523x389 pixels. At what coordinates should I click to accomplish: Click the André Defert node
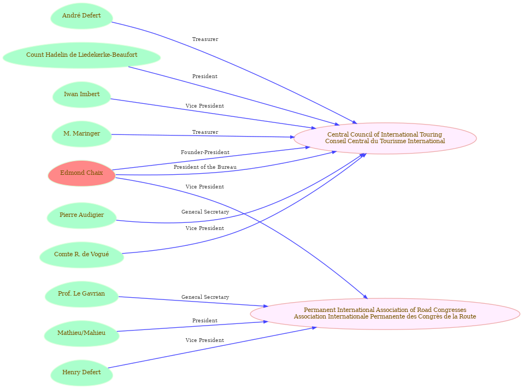pyautogui.click(x=81, y=16)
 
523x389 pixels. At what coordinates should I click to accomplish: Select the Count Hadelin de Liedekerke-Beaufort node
pyautogui.click(x=81, y=55)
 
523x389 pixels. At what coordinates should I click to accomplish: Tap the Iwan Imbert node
pyautogui.click(x=81, y=95)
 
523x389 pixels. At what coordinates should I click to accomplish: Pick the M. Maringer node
pyautogui.click(x=81, y=134)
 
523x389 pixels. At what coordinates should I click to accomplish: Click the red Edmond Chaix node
pyautogui.click(x=81, y=173)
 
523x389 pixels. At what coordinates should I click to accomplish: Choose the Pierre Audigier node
pyautogui.click(x=81, y=215)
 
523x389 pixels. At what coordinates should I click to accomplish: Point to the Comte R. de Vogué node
pyautogui.click(x=81, y=255)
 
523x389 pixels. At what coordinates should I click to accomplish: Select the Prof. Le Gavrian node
pyautogui.click(x=81, y=294)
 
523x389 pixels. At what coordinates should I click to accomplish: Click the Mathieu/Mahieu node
pyautogui.click(x=81, y=333)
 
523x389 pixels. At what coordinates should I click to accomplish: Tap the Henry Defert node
pyautogui.click(x=81, y=373)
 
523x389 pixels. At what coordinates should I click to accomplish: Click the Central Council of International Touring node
pyautogui.click(x=385, y=138)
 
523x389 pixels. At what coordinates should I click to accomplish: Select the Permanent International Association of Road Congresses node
pyautogui.click(x=385, y=314)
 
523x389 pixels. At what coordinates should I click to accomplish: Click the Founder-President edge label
pyautogui.click(x=205, y=152)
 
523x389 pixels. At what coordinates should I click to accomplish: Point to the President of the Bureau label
pyautogui.click(x=205, y=167)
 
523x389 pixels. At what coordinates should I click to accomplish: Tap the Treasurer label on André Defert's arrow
pyautogui.click(x=205, y=39)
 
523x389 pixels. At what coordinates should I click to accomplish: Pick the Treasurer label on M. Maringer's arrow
pyautogui.click(x=205, y=132)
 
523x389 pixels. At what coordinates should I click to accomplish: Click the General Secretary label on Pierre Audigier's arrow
pyautogui.click(x=205, y=212)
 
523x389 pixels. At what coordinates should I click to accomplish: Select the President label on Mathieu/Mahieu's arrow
pyautogui.click(x=205, y=321)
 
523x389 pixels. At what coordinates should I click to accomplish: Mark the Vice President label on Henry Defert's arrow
pyautogui.click(x=205, y=340)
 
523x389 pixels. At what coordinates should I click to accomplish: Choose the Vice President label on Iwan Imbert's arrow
pyautogui.click(x=205, y=106)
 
